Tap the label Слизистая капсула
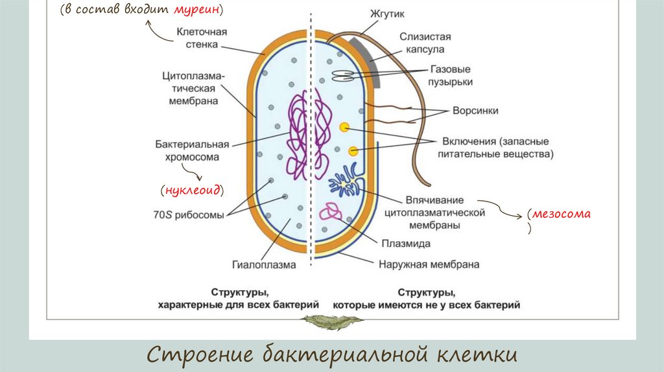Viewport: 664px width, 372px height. (x=425, y=43)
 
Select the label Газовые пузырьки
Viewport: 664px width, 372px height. (x=451, y=75)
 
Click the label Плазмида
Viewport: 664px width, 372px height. (x=407, y=243)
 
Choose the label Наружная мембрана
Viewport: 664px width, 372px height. (x=429, y=264)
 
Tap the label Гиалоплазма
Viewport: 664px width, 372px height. (x=264, y=264)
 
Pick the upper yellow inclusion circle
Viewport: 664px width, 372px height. (x=344, y=127)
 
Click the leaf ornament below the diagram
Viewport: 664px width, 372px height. (x=333, y=320)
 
